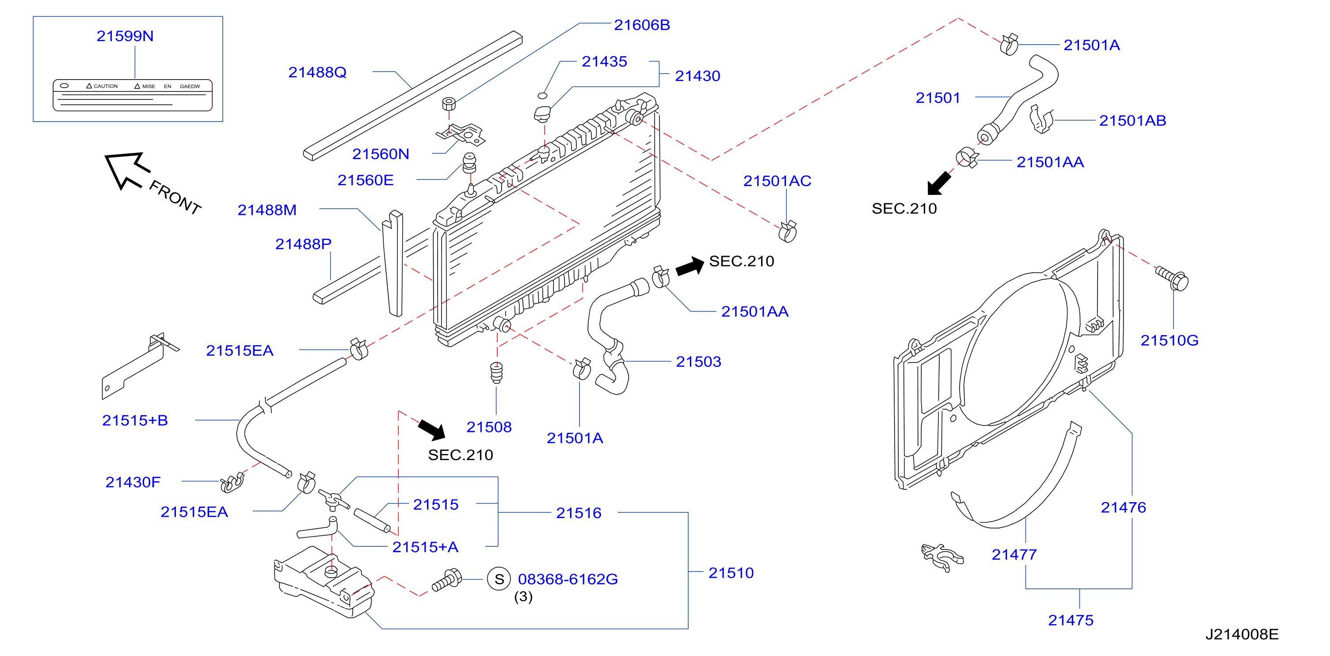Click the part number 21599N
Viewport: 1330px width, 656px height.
click(x=125, y=36)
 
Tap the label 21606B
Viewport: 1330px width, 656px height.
click(x=642, y=25)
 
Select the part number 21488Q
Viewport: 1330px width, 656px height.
click(x=317, y=72)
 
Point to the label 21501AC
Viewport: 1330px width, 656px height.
click(x=777, y=181)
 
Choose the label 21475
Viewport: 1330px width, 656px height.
click(x=1070, y=620)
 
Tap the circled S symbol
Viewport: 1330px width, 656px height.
click(x=499, y=579)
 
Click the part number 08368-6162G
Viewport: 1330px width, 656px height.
click(x=568, y=579)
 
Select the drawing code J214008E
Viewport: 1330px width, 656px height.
click(x=1242, y=634)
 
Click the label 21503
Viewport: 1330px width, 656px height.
click(x=698, y=362)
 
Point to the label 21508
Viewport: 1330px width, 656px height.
click(x=489, y=427)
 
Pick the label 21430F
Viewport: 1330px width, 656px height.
click(x=133, y=482)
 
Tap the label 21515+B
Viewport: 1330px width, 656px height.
click(x=135, y=420)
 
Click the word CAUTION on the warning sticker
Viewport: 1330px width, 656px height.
click(x=105, y=86)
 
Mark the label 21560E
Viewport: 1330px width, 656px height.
click(x=366, y=180)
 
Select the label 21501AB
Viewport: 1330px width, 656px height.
click(x=1132, y=120)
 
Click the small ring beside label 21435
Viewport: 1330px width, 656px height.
click(x=542, y=95)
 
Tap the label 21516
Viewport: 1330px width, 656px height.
click(x=579, y=513)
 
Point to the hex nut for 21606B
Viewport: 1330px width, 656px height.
click(x=449, y=103)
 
